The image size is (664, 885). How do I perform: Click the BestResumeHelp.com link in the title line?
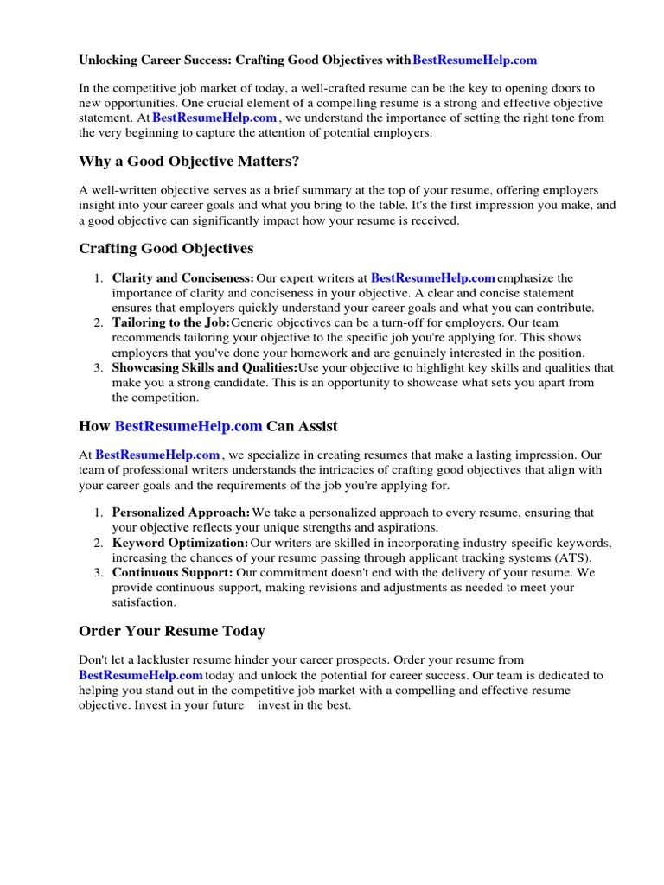pos(475,60)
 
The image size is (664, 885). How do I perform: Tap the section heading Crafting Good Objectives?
pos(166,249)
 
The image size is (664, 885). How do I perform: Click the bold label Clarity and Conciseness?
pos(182,278)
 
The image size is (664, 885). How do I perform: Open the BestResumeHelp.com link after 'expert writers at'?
pos(432,278)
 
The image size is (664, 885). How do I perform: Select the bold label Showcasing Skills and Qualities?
pos(204,368)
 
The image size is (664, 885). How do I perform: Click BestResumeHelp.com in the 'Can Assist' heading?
pos(188,426)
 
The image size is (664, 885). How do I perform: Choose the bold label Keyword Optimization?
pos(180,543)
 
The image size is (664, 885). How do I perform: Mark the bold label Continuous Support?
pos(172,573)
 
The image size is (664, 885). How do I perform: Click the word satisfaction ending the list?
pos(144,602)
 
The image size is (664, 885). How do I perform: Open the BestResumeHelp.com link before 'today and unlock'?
pos(140,675)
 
